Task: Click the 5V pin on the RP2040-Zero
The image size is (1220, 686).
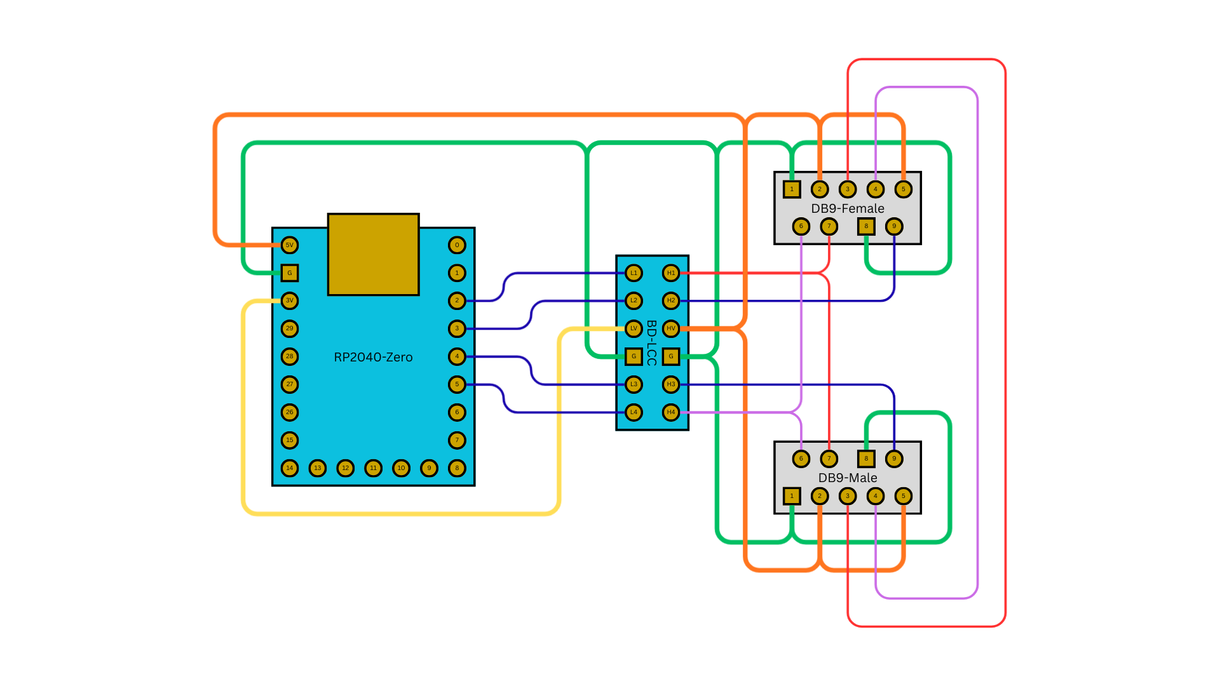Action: coord(289,245)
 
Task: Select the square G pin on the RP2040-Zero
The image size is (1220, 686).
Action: coord(289,273)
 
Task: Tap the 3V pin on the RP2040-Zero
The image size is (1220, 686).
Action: coord(289,300)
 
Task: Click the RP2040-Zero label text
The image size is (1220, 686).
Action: coord(373,357)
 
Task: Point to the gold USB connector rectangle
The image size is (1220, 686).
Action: coord(373,254)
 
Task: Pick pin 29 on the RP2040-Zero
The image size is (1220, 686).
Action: coord(289,328)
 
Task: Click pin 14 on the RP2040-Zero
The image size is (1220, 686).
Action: coord(289,468)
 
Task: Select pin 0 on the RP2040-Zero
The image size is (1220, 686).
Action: coord(457,245)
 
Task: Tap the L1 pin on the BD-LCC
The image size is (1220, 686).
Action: coord(634,273)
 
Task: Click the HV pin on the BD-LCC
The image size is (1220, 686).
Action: coord(671,328)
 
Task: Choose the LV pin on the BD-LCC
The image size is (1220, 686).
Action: coord(634,328)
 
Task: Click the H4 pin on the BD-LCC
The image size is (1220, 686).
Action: coord(671,412)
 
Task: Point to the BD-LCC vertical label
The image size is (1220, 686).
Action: coord(651,343)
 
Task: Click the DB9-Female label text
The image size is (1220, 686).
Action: coord(847,208)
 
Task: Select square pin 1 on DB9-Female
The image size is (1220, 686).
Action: coord(792,189)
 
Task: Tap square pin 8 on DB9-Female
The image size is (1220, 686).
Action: coord(866,226)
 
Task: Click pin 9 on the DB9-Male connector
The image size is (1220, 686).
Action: coord(894,459)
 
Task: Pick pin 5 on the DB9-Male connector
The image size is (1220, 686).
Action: coord(903,496)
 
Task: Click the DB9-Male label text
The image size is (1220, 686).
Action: coord(847,478)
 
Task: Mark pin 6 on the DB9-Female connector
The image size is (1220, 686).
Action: coord(801,226)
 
